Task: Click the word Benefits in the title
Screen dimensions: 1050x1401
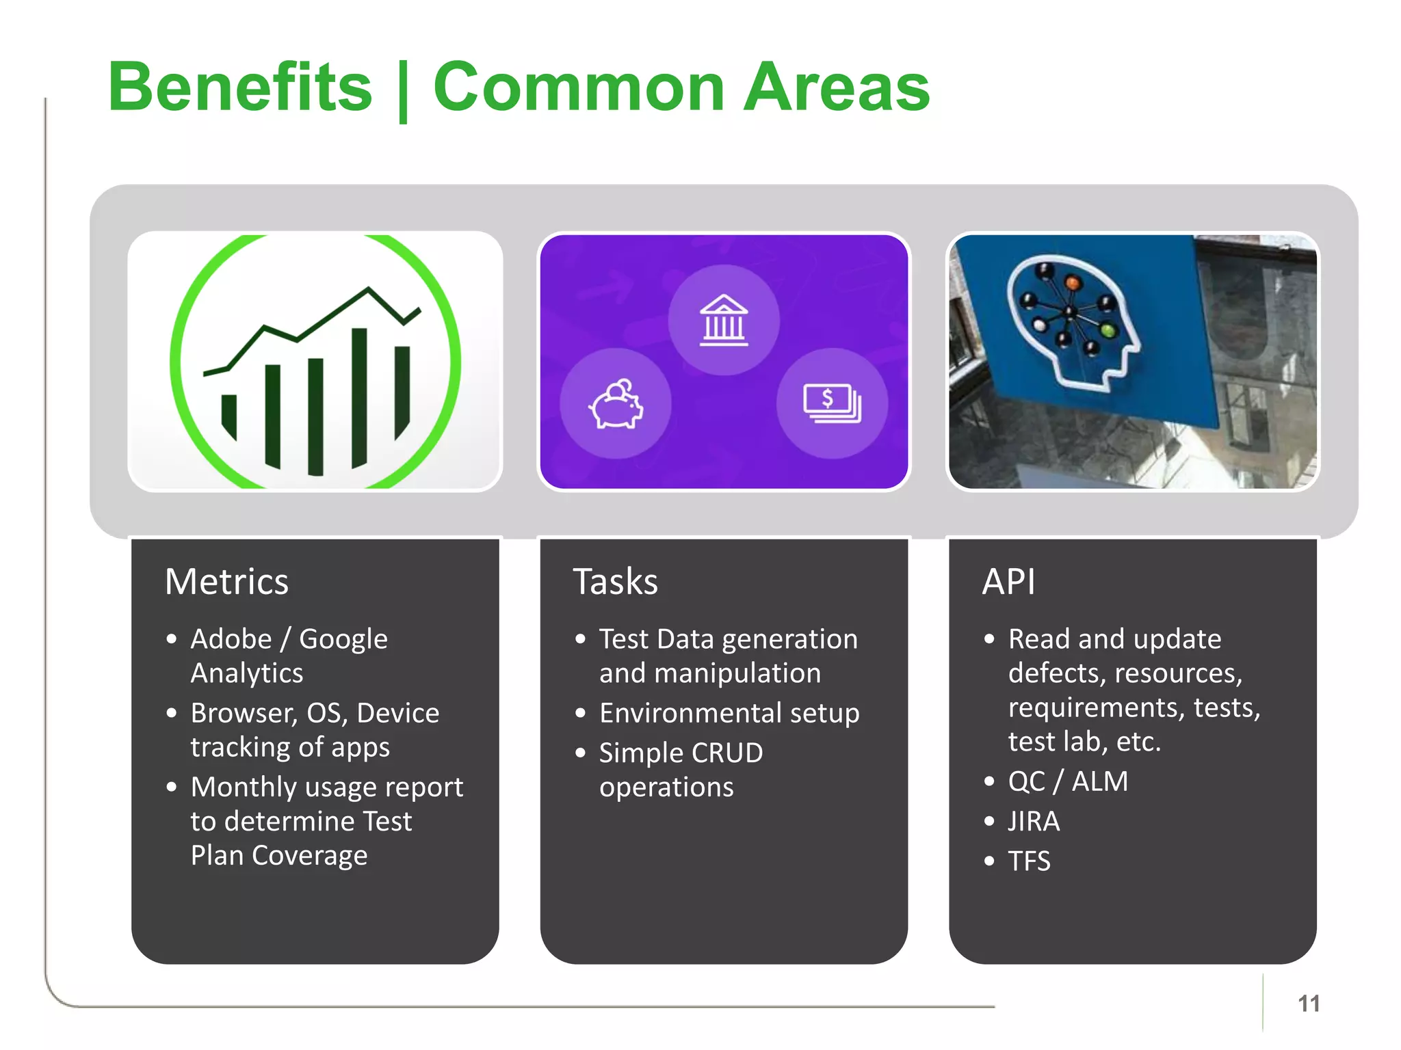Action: [x=239, y=87]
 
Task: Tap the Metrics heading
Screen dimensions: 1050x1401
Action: [x=226, y=582]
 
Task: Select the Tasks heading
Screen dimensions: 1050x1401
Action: [x=615, y=582]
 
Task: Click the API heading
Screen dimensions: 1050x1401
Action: [x=1008, y=582]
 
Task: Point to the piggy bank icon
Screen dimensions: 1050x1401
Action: [x=616, y=404]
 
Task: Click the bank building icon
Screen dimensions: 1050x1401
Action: [x=724, y=320]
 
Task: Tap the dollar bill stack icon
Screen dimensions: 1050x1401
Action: [x=832, y=403]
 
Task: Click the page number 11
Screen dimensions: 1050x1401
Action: [x=1308, y=1004]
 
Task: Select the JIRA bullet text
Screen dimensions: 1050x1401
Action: [x=1034, y=821]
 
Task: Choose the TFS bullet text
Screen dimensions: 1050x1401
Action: [x=1029, y=861]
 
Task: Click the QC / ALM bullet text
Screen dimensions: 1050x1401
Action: [x=1068, y=781]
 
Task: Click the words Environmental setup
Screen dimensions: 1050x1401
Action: [x=729, y=713]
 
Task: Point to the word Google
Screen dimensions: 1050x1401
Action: [x=343, y=639]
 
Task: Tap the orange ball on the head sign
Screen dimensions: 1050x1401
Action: [x=1073, y=282]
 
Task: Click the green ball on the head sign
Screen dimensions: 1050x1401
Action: [x=1108, y=332]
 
